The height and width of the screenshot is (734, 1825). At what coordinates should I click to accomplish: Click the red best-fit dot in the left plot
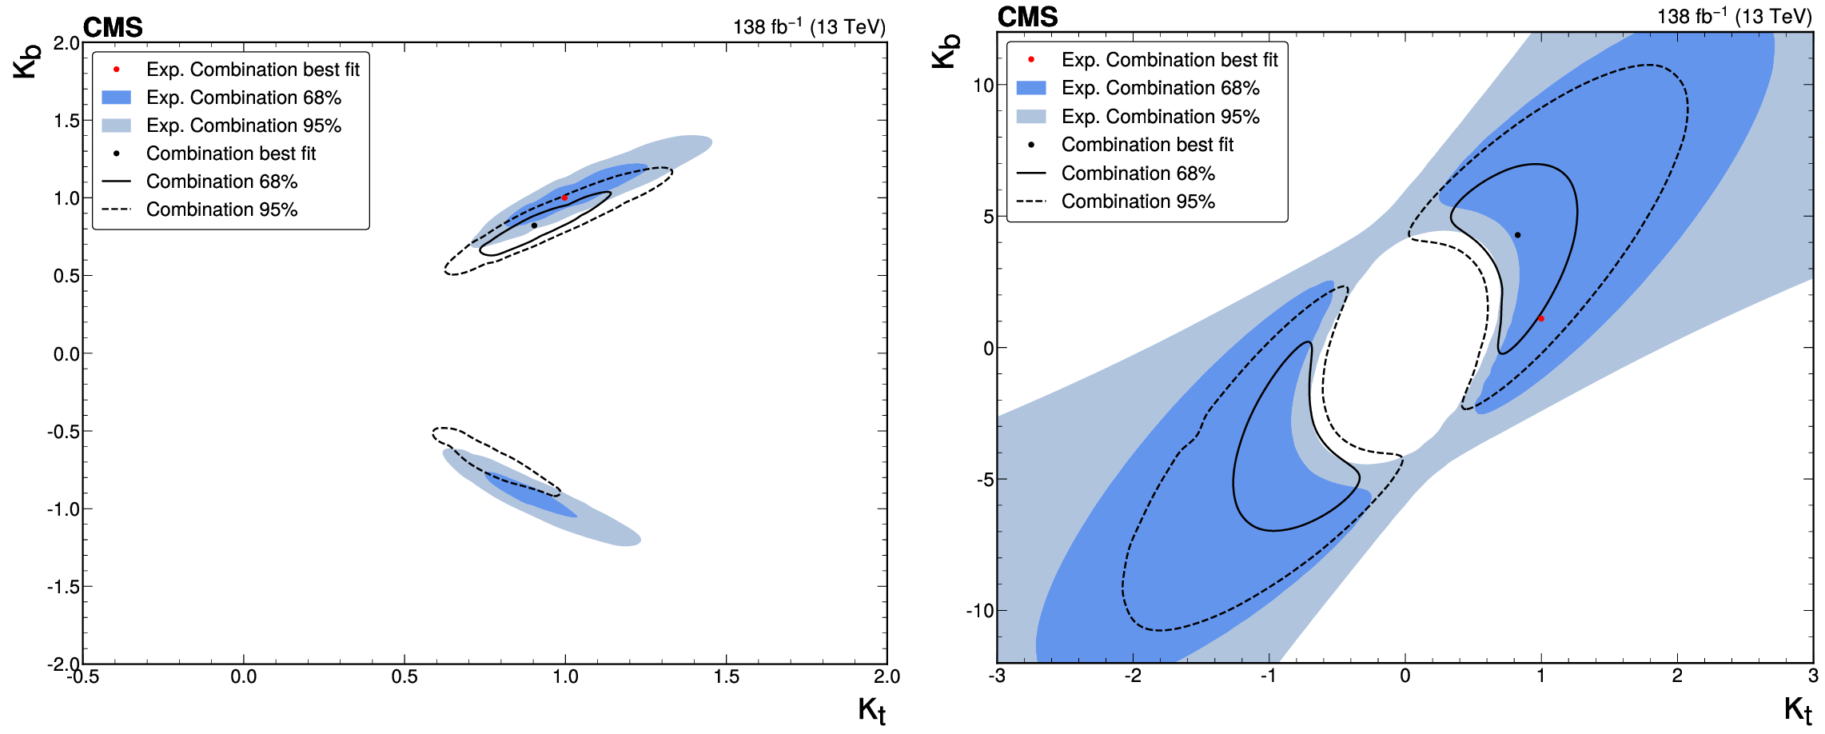[564, 197]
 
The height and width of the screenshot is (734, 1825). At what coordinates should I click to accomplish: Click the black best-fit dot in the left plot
[534, 225]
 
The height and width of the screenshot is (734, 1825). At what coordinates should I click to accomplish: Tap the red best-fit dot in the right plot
[1541, 319]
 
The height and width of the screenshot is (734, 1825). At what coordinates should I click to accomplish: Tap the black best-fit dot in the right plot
[1517, 235]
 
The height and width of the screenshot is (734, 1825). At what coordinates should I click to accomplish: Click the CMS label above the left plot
[113, 28]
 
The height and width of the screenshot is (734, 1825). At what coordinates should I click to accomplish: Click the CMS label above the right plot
[1027, 17]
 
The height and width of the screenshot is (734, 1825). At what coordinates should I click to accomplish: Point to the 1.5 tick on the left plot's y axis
[67, 121]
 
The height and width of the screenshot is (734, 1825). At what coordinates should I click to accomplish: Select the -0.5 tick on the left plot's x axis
[82, 677]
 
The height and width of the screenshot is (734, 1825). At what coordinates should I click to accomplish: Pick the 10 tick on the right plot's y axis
[983, 86]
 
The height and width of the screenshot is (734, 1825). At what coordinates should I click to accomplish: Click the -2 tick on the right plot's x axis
[1133, 676]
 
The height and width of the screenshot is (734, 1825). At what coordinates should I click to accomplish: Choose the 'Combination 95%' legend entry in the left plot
[221, 209]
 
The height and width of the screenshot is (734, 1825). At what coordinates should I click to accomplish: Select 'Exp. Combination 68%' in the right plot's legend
[1160, 88]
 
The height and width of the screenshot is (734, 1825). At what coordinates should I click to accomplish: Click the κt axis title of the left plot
[871, 710]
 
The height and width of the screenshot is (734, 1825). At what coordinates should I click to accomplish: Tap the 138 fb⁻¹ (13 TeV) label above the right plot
[1734, 17]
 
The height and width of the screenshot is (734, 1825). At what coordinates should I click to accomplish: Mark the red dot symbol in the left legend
[116, 70]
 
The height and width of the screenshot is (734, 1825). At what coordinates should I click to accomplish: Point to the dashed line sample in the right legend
[1031, 201]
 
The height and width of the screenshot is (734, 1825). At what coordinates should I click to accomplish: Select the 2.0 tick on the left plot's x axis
[887, 677]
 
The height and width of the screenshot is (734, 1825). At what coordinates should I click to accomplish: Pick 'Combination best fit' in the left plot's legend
[231, 154]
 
